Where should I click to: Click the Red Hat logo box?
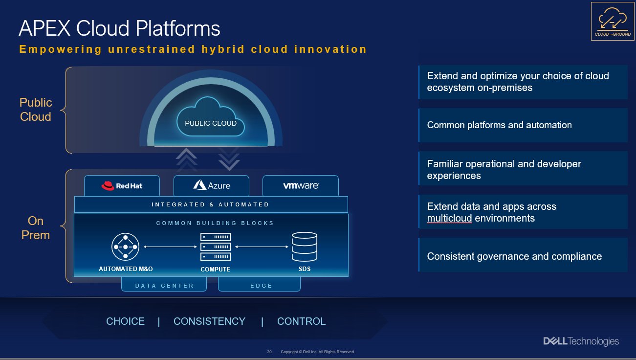coord(123,186)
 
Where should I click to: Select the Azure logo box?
coord(211,186)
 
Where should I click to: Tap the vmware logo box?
coord(300,186)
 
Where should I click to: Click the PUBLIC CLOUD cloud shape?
coord(211,120)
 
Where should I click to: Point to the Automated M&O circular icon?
coord(126,247)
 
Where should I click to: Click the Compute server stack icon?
coord(215,247)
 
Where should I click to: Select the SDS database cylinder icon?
coord(305,247)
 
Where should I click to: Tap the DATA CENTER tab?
coord(164,285)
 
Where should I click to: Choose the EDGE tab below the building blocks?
coord(259,285)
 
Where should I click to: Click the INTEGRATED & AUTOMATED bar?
coord(211,204)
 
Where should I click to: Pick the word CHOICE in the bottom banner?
coord(126,321)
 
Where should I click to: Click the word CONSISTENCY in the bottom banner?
coord(209,321)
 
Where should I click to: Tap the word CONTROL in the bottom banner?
coord(301,321)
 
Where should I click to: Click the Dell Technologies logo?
coord(581,341)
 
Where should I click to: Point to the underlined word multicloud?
coord(449,218)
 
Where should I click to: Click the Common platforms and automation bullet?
coord(523,125)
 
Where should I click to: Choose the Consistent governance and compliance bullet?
coord(523,256)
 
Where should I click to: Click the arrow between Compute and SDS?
coord(260,247)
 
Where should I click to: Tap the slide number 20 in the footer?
coord(269,352)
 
